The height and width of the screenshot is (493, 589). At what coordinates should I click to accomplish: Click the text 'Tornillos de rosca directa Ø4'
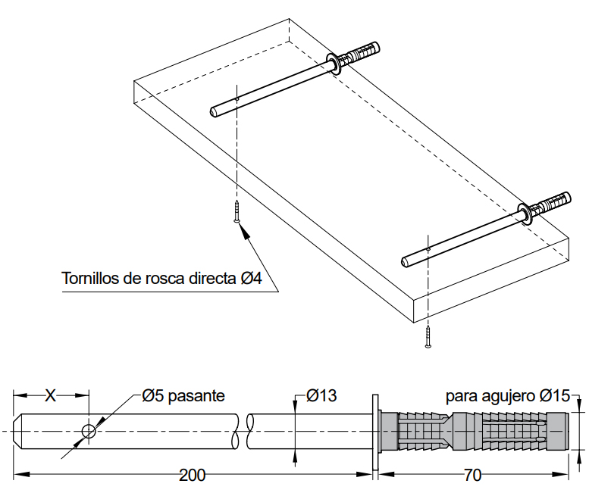(x=161, y=279)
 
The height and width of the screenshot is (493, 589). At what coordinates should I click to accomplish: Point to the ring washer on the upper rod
(x=334, y=62)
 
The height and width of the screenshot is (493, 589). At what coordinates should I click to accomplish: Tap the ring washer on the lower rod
(x=525, y=212)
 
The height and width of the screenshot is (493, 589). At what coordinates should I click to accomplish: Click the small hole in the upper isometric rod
(x=237, y=98)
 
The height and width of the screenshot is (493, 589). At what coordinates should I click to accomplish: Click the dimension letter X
(x=51, y=395)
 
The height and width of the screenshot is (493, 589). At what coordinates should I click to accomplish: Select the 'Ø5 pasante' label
(x=183, y=395)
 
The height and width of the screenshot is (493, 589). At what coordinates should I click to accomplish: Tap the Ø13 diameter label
(x=321, y=395)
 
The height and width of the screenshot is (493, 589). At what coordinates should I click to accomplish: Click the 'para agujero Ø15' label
(x=507, y=395)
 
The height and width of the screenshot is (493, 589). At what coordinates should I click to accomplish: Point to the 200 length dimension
(x=192, y=476)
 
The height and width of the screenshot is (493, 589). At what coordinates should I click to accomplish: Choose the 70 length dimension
(x=472, y=476)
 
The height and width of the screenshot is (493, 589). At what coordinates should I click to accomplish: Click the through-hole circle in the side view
(x=89, y=432)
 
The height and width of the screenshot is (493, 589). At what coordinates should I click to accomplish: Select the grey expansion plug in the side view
(x=473, y=432)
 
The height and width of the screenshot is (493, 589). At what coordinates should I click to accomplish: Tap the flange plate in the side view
(x=374, y=432)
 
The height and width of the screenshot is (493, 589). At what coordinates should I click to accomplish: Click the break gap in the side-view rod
(x=244, y=432)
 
